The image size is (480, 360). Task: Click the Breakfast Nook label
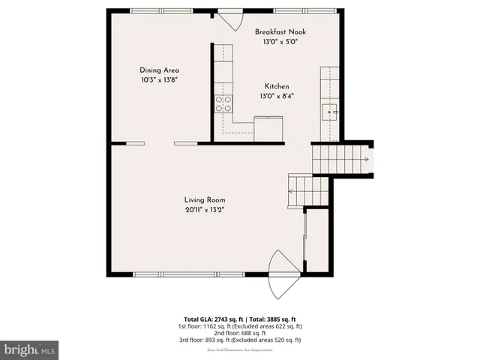(x=280, y=32)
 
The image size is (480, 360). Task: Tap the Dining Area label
(x=159, y=70)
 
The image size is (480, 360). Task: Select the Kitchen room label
(x=275, y=87)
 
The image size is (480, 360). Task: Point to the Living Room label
(x=205, y=200)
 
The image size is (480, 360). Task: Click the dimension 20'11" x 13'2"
(x=205, y=210)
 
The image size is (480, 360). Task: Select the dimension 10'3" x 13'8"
(x=159, y=79)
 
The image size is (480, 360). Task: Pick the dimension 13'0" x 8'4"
(x=275, y=97)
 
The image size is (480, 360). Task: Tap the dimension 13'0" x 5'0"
(x=280, y=43)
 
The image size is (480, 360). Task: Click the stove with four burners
(x=223, y=104)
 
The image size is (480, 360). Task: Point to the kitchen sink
(x=330, y=113)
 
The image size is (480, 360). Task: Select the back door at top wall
(x=227, y=16)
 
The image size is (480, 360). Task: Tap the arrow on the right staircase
(x=365, y=160)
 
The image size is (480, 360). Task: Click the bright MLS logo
(x=29, y=349)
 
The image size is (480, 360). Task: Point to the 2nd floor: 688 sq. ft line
(x=240, y=333)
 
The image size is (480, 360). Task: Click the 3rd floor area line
(x=240, y=340)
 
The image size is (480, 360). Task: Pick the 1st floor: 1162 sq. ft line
(x=240, y=326)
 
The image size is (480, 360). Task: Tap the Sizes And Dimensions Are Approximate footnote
(x=240, y=349)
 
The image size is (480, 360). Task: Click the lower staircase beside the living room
(x=308, y=190)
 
